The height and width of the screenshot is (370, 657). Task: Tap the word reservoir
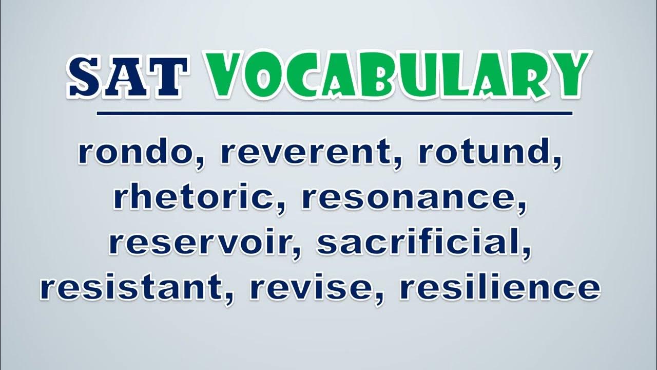[200, 241]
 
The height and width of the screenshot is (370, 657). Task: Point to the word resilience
[500, 286]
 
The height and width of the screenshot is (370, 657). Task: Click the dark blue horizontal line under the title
[334, 114]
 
